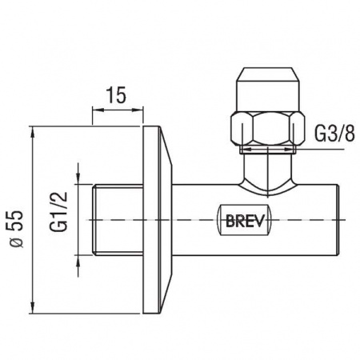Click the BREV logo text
(245, 221)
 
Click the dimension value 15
(116, 95)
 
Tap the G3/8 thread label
(335, 134)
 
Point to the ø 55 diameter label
(17, 229)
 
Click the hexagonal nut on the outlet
(267, 129)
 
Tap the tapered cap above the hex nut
(267, 90)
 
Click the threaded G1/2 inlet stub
(118, 220)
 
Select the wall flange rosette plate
(158, 220)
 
